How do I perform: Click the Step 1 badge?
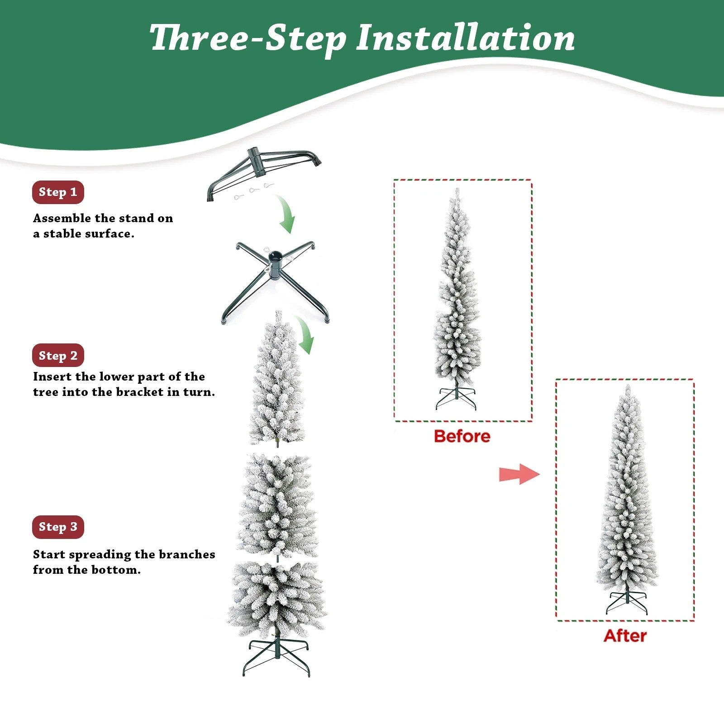tap(58, 192)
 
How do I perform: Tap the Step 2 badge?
tap(58, 356)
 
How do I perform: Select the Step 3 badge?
tap(58, 527)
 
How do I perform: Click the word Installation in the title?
tap(465, 38)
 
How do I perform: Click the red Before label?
tap(462, 436)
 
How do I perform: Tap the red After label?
tap(625, 636)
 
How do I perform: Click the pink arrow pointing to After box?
tap(519, 474)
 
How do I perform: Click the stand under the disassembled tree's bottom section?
tap(276, 656)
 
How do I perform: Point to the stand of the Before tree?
tap(456, 397)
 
